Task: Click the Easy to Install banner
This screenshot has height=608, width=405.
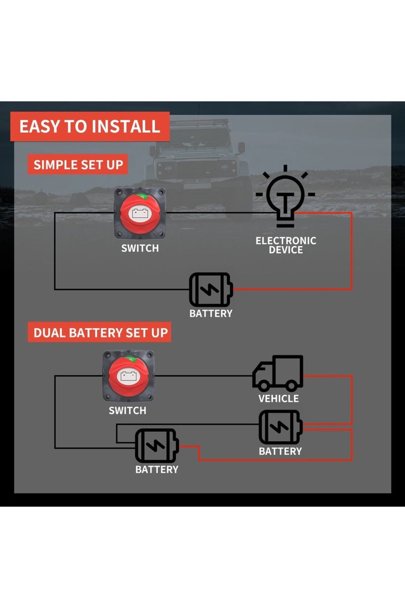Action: pyautogui.click(x=90, y=126)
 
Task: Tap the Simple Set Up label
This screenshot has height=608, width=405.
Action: pyautogui.click(x=77, y=165)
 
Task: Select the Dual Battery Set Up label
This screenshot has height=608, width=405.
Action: pyautogui.click(x=100, y=333)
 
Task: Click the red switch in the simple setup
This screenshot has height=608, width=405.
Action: pyautogui.click(x=140, y=213)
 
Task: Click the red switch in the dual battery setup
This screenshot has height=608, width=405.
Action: pyautogui.click(x=128, y=376)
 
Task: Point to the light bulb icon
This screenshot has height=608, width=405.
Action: pyautogui.click(x=286, y=198)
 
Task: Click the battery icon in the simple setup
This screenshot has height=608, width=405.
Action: pyautogui.click(x=211, y=289)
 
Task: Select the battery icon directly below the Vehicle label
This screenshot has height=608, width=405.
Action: pyautogui.click(x=280, y=427)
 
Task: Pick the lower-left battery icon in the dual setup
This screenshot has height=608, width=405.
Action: pyautogui.click(x=156, y=445)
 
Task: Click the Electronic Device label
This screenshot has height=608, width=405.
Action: pyautogui.click(x=286, y=245)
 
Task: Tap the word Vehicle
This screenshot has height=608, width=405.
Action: pyautogui.click(x=278, y=398)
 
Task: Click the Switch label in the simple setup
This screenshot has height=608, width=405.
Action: pyautogui.click(x=140, y=248)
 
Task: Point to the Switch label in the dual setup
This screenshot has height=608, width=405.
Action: pyautogui.click(x=127, y=410)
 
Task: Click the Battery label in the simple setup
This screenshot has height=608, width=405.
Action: pyautogui.click(x=211, y=313)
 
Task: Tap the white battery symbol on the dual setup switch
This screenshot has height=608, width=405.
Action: pyautogui.click(x=128, y=376)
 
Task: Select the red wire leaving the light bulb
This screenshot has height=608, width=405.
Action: pyautogui.click(x=351, y=248)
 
